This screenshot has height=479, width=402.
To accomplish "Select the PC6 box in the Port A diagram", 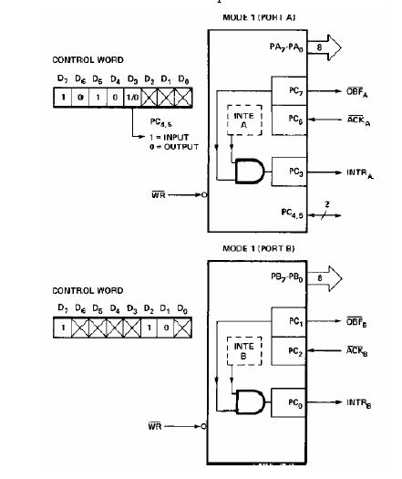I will point(291,120).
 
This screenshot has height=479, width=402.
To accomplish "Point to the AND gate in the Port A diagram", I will point(245,171).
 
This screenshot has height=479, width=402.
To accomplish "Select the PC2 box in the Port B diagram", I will point(291,350).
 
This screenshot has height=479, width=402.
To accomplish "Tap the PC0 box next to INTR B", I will point(291,401).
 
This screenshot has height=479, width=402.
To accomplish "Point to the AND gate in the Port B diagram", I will point(245,401).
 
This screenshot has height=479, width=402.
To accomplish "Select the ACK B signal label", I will point(361,350).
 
